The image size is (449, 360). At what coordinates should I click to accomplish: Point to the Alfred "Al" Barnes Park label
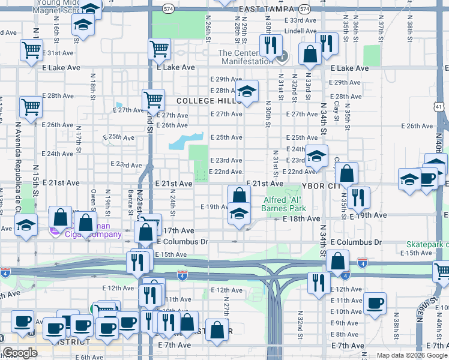pos(284,204)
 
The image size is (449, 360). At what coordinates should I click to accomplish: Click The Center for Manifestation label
pos(246,57)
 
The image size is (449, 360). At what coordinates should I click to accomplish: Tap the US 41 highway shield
pos(439,107)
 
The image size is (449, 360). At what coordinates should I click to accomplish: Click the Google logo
pos(20,353)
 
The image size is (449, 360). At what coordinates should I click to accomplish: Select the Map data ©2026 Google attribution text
pos(411,355)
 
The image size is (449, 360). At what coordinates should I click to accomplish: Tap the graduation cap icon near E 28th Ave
pos(246,92)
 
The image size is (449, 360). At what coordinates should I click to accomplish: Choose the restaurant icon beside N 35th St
pos(358,197)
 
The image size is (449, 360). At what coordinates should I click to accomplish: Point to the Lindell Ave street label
pos(301,31)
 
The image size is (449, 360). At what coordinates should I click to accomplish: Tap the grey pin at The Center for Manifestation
pos(283,57)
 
